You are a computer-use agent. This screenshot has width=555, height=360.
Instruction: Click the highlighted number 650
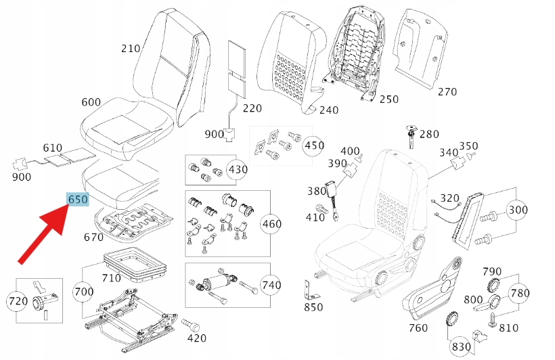[77, 200]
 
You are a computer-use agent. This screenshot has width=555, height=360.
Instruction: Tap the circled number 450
[313, 145]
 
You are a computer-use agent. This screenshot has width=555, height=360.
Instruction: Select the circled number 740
[271, 286]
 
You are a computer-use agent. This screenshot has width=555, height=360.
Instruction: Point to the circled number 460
[271, 224]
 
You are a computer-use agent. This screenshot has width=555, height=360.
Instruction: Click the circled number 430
[237, 169]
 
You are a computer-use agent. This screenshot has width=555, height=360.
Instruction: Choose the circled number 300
[518, 210]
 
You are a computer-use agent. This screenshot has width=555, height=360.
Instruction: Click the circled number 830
[461, 346]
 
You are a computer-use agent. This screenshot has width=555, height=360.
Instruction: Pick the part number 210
[131, 48]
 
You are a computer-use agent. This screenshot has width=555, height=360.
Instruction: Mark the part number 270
[447, 92]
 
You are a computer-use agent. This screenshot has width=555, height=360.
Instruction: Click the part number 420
[196, 338]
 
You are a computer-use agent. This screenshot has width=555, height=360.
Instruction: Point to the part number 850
[313, 307]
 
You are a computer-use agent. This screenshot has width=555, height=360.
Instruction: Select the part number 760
[418, 328]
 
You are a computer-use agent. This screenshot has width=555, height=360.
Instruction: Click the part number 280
[429, 134]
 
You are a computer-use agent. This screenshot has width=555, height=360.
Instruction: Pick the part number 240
[329, 110]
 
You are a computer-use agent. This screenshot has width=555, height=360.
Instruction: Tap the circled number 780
[519, 293]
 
